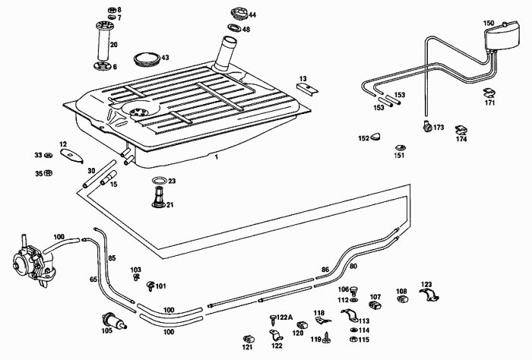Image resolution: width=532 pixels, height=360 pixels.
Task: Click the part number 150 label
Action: coord(489,24)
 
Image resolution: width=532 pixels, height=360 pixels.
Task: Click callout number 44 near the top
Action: coord(252,15)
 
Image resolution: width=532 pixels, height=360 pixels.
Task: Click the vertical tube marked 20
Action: coord(104,46)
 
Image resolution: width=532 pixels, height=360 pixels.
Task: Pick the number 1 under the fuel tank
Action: coord(216,156)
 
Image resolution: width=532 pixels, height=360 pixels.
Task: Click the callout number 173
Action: coord(439,128)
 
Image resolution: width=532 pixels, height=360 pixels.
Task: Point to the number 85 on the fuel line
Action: coord(112,258)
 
